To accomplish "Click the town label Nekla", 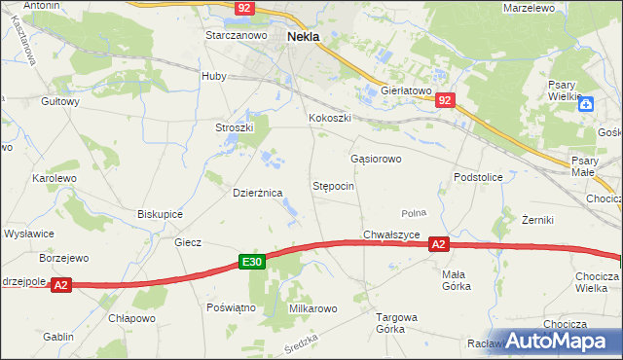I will coord(305,36).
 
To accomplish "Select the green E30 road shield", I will coord(251,262).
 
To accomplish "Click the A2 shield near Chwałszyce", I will coord(439,245).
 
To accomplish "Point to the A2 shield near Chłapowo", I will coord(60,285).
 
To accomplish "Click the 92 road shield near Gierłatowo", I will coord(445,100).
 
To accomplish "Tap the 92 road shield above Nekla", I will coord(244,7).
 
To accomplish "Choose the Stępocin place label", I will coord(333,185).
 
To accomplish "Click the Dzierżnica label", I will coord(258,193).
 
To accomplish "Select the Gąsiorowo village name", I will coord(376,158).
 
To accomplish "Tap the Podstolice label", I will coord(478,177).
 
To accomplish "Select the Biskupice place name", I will coord(161,214).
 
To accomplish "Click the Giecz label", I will coord(187,242).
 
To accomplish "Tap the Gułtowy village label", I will coord(59,100).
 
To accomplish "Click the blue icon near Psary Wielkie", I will coord(586,104).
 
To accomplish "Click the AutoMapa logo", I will coord(557,342).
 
